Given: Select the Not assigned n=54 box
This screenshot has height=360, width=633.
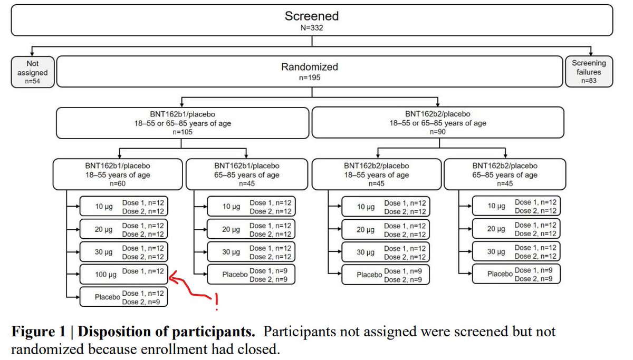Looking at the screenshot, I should pyautogui.click(x=32, y=72).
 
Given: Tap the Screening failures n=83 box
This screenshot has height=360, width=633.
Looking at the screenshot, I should pyautogui.click(x=589, y=72).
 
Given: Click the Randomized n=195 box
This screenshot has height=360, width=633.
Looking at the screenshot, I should pyautogui.click(x=310, y=72).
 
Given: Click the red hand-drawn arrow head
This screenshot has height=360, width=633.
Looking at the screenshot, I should pyautogui.click(x=171, y=275).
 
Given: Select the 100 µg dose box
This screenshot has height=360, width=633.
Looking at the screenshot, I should pyautogui.click(x=123, y=274).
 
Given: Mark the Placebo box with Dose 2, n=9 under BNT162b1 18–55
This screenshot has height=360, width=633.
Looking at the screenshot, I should pyautogui.click(x=123, y=297).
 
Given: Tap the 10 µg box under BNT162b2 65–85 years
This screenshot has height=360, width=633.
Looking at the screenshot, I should pyautogui.click(x=515, y=206).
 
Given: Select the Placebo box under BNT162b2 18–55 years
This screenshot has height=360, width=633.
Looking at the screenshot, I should pyautogui.click(x=385, y=275).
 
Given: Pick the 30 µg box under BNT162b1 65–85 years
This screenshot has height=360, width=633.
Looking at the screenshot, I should pyautogui.click(x=251, y=252).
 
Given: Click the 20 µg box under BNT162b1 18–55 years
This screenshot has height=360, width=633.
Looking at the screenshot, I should pyautogui.click(x=123, y=229).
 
